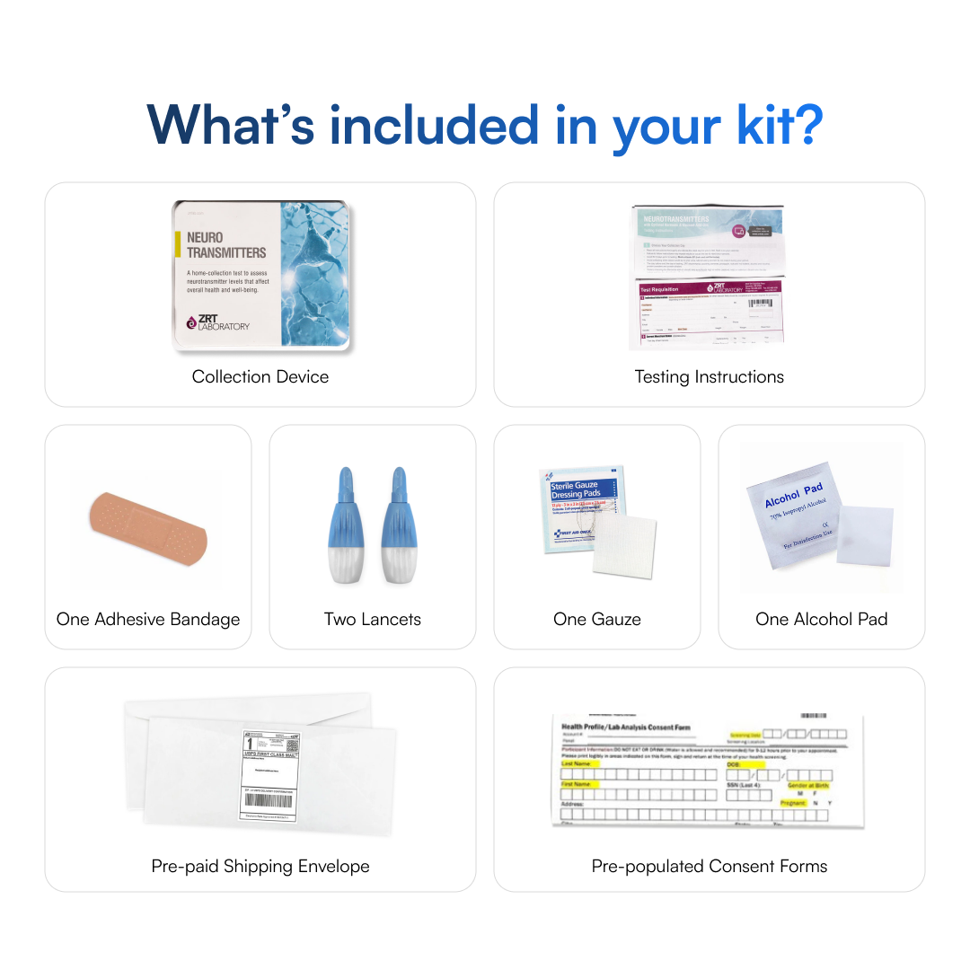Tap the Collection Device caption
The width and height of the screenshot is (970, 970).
click(260, 377)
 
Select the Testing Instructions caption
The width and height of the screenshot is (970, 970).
click(709, 377)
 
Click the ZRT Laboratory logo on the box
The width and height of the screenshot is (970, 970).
click(218, 322)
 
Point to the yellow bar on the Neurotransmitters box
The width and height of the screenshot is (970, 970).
click(177, 245)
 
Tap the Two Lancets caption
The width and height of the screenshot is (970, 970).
click(372, 620)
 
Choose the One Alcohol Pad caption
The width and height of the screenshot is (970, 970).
click(821, 620)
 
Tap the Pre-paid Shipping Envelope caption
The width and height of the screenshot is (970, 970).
click(260, 867)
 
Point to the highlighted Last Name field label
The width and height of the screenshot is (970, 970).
click(577, 764)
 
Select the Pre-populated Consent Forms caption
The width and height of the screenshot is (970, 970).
click(709, 867)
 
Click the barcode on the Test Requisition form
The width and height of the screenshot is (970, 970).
click(759, 304)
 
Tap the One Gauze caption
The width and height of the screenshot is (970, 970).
click(596, 620)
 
